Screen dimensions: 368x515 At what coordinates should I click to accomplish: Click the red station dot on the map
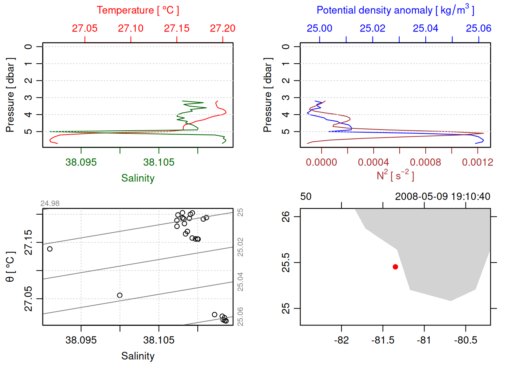point(395,267)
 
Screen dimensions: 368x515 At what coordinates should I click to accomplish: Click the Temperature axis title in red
point(138,10)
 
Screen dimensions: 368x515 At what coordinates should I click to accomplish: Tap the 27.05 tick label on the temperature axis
point(85,28)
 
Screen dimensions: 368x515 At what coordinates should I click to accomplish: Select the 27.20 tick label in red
point(223,28)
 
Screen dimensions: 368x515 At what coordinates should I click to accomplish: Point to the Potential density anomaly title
point(395,10)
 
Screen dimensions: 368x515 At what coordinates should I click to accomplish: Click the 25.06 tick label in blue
point(479,28)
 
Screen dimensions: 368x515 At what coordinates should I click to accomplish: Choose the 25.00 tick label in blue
point(320,28)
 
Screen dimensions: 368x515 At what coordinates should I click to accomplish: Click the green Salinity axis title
point(138,178)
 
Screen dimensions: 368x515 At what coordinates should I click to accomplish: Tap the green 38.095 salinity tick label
point(81,162)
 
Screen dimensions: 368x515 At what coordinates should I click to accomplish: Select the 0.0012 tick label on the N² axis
point(477,162)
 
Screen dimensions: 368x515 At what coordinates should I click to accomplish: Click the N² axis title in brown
point(395,176)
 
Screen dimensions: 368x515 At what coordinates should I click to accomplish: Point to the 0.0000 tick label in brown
point(321,162)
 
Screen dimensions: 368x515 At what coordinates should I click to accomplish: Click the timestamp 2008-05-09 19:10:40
point(443,197)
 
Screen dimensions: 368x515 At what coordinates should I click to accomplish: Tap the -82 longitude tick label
point(341,340)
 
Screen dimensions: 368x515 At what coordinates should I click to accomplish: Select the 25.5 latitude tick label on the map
point(286,263)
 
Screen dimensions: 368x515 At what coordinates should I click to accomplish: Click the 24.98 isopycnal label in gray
point(50,204)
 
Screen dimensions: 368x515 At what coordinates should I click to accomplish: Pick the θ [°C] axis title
point(10,267)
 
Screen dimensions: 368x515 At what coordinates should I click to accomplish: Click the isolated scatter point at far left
point(50,249)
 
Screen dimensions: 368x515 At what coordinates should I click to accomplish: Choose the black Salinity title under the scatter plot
point(138,356)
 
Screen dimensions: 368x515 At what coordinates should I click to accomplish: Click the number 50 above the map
point(306,197)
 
